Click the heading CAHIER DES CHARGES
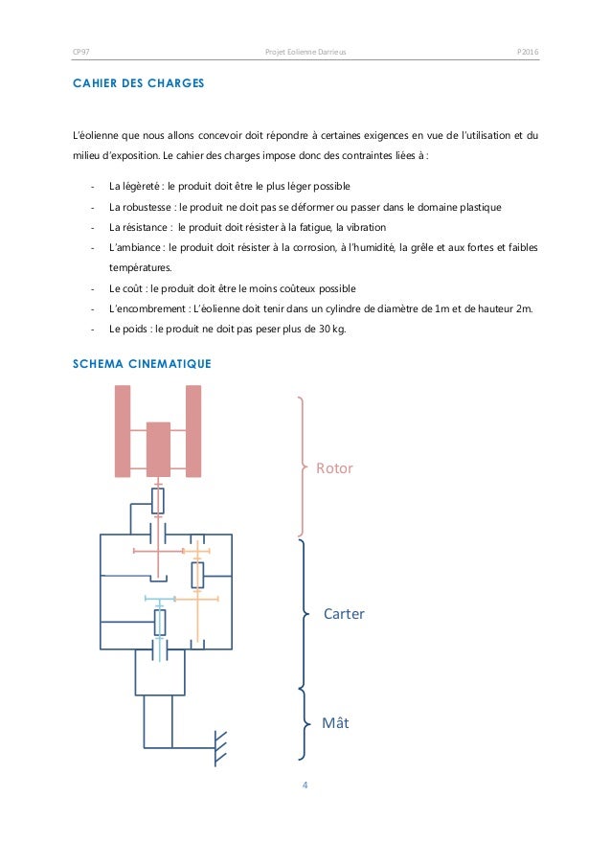[137, 84]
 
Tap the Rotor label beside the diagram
[334, 468]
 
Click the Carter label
[344, 613]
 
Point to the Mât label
[335, 723]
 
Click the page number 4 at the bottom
[305, 785]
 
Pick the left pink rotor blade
[122, 430]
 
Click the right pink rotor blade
[193, 430]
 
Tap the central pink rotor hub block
[158, 449]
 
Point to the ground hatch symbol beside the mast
[218, 746]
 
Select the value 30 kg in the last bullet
[330, 330]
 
